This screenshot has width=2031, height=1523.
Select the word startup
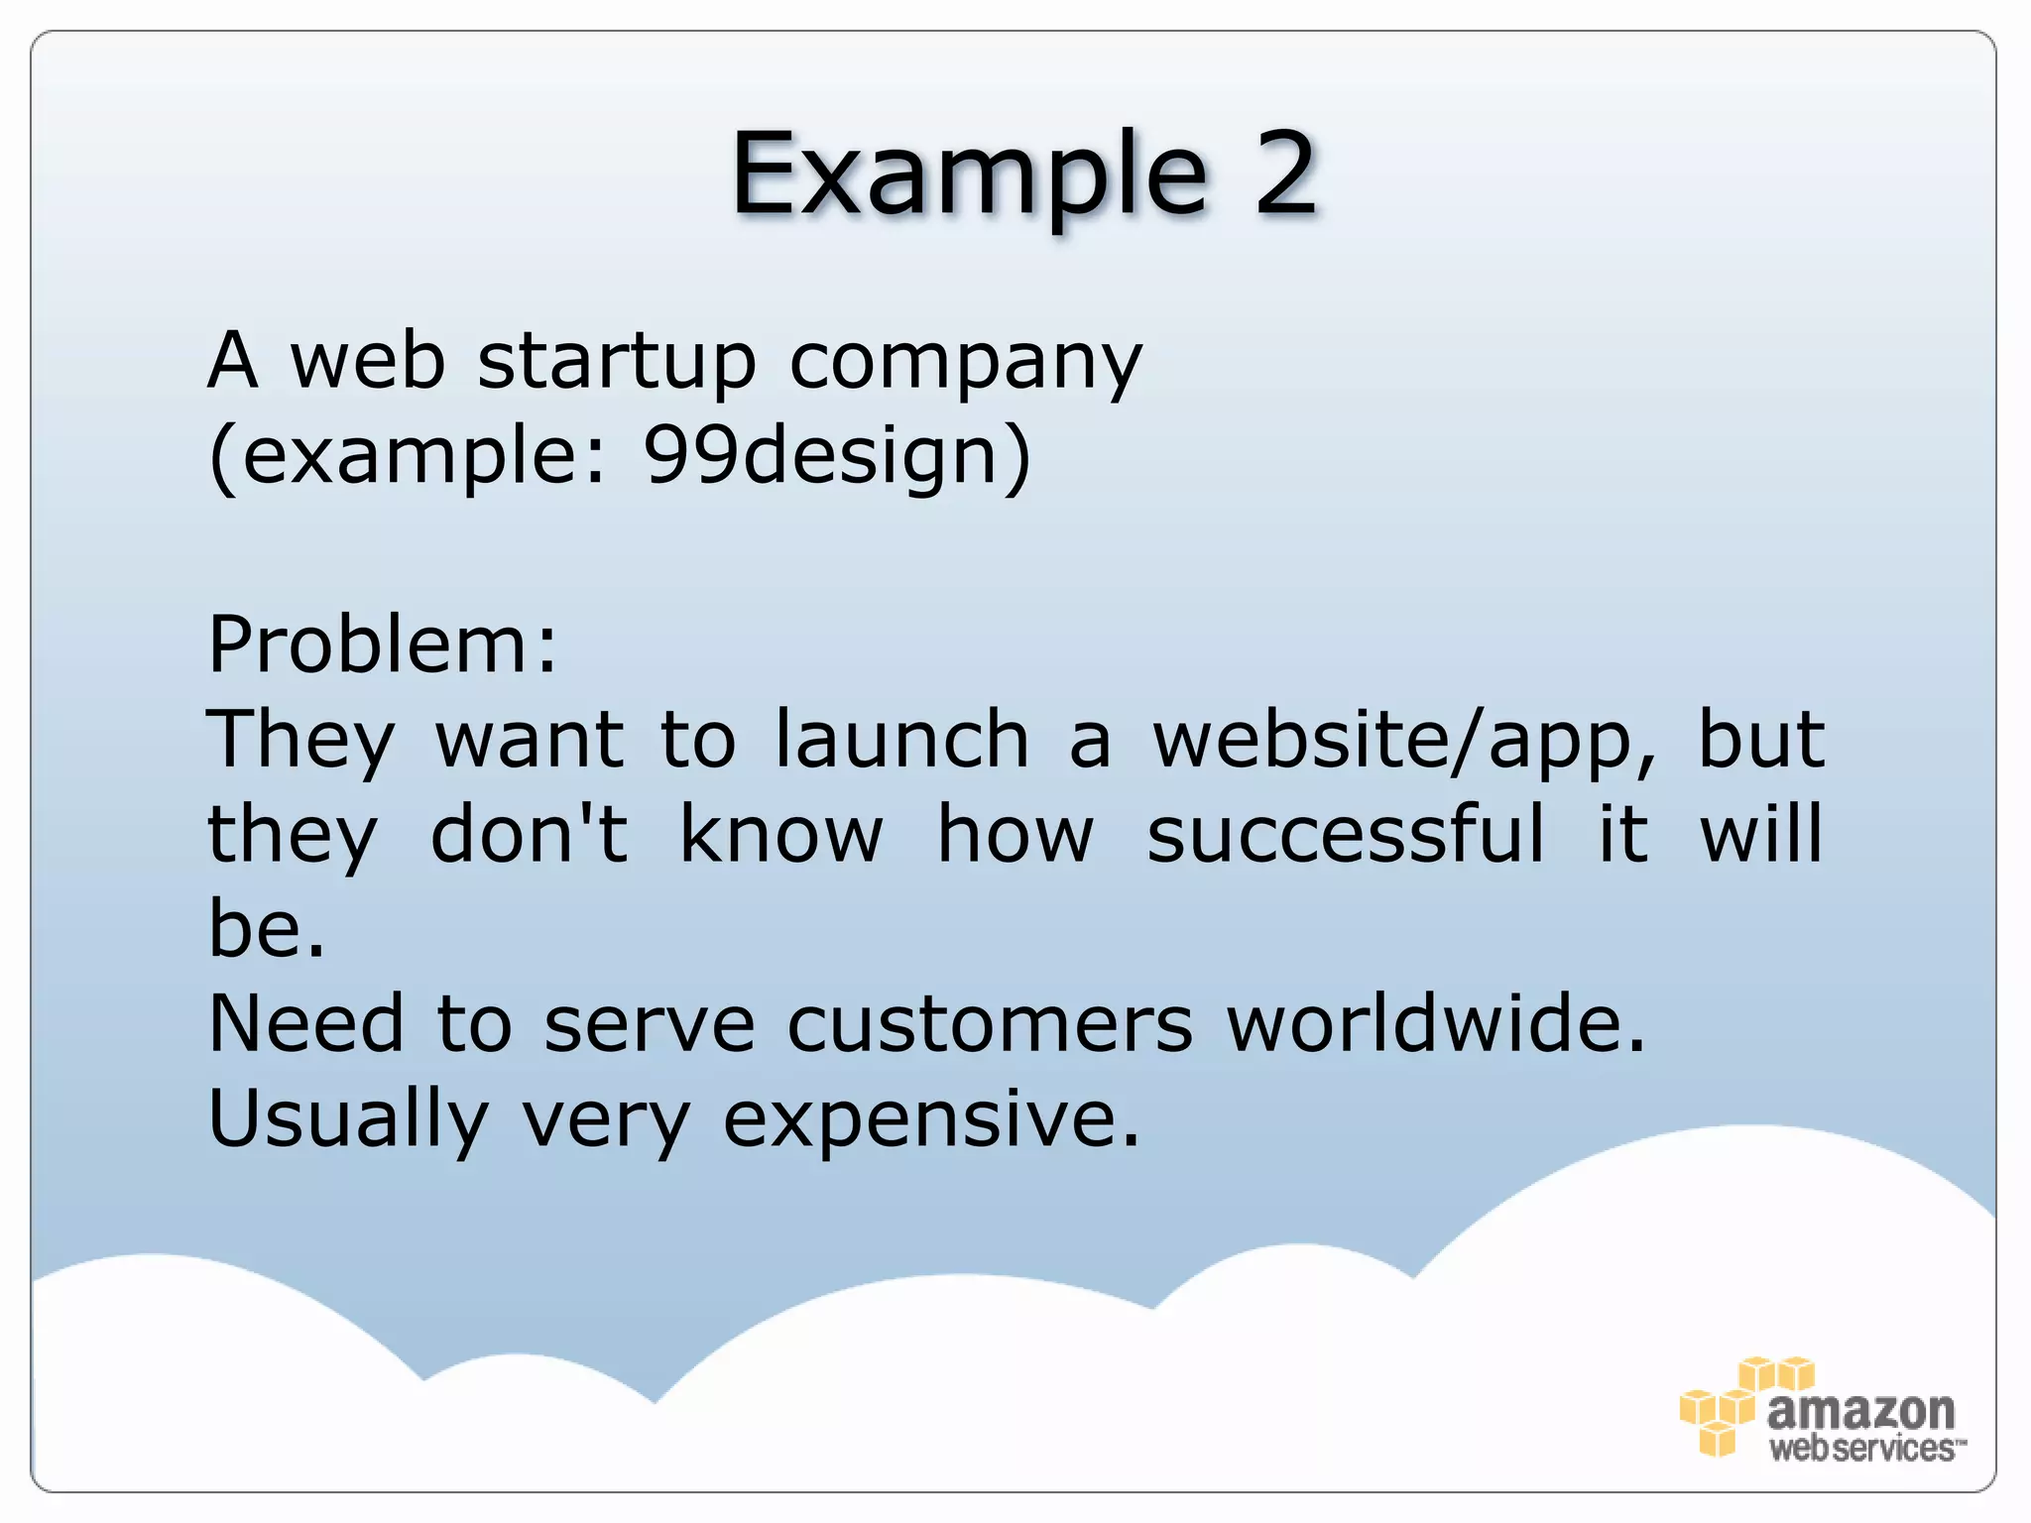[x=617, y=362]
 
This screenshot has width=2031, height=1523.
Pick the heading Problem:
[x=383, y=644]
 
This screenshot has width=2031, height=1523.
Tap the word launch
[x=901, y=740]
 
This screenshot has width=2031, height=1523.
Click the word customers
[x=990, y=1024]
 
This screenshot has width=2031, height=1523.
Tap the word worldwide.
[x=1436, y=1024]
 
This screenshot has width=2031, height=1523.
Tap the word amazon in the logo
[x=1860, y=1409]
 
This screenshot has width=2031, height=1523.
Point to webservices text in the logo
[x=1864, y=1449]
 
